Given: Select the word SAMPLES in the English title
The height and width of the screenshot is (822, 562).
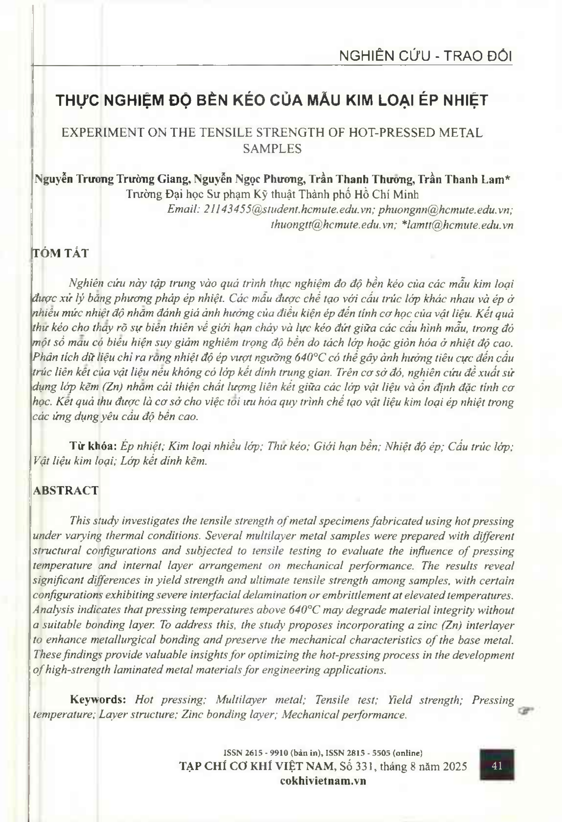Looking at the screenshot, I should click(x=272, y=148).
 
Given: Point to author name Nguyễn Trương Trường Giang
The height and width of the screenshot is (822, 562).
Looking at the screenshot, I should click(x=111, y=179).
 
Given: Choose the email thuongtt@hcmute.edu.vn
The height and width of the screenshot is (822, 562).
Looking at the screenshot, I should click(x=332, y=225).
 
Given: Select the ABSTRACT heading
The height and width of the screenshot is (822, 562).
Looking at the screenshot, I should click(x=66, y=491).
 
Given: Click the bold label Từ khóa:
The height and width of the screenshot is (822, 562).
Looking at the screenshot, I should click(x=93, y=446).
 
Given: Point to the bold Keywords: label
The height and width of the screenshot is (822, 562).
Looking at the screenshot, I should click(x=98, y=699).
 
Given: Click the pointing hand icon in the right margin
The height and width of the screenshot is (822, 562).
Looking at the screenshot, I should click(x=526, y=710).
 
